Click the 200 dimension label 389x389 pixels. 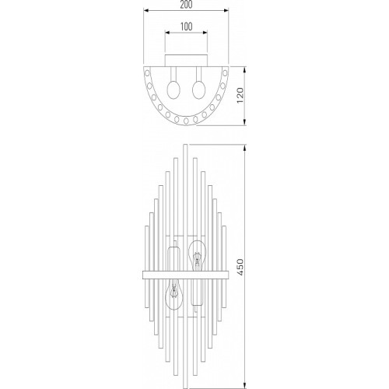click(186, 5)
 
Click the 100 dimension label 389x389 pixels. click(186, 26)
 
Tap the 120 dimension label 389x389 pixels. click(240, 95)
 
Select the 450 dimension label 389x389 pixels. click(240, 267)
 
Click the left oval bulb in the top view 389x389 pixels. click(173, 89)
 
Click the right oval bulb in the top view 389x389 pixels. click(199, 89)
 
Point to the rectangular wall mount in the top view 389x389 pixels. click(186, 61)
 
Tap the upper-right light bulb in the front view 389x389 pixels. click(198, 255)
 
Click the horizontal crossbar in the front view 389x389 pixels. click(186, 275)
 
